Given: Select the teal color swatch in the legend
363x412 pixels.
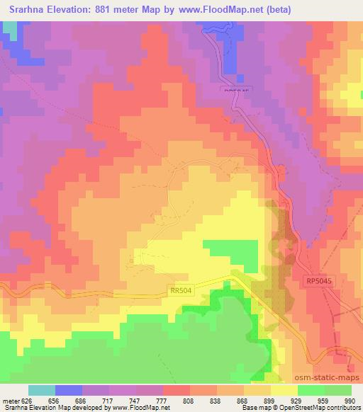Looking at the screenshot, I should (42, 390).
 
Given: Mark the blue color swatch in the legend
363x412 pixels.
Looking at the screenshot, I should (69, 390).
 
